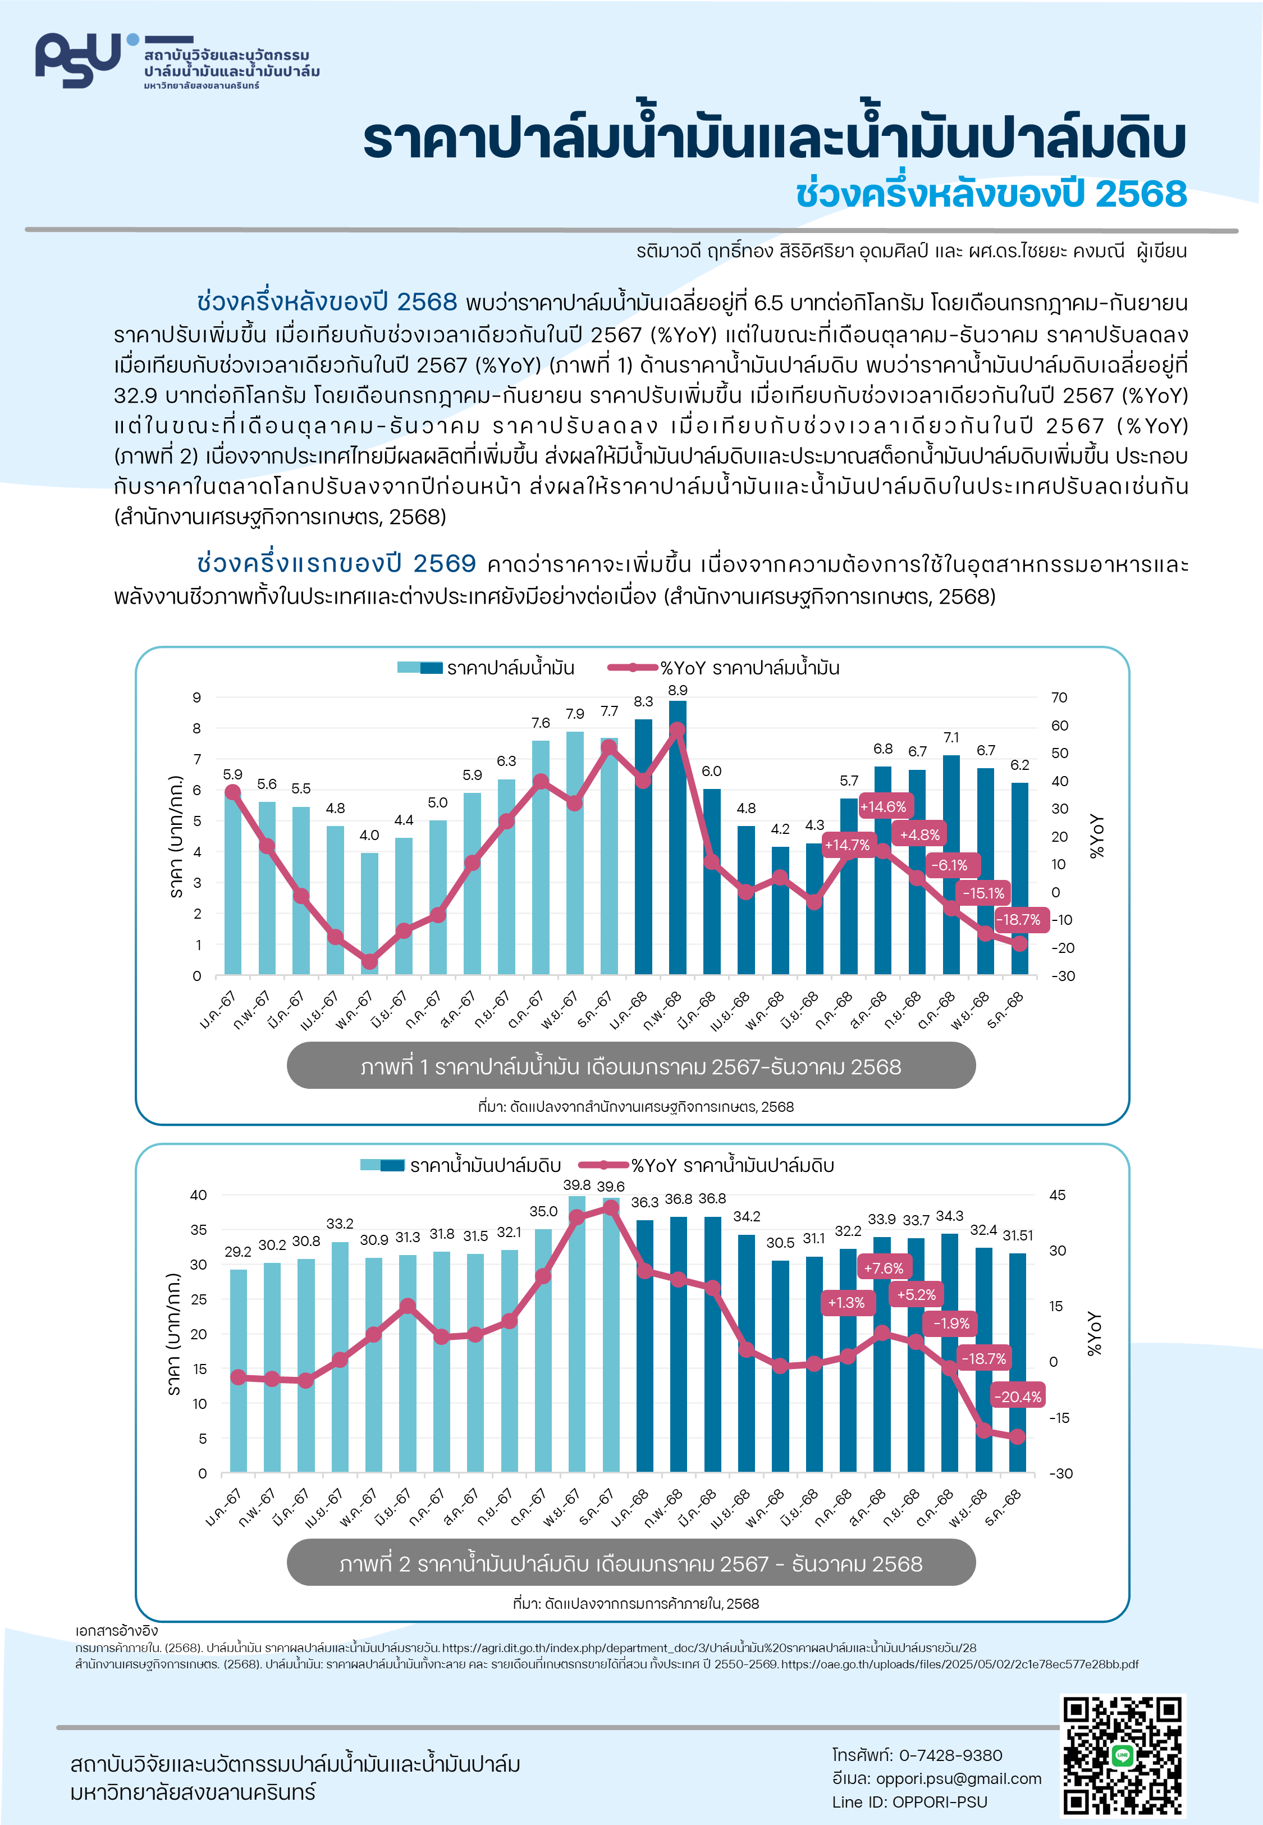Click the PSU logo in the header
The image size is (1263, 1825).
(79, 60)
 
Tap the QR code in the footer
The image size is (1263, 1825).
(1122, 1755)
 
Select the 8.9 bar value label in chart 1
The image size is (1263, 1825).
(678, 690)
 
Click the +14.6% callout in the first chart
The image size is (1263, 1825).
(883, 806)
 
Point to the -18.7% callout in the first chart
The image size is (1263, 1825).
(1018, 920)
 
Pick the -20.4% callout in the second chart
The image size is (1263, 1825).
(1018, 1397)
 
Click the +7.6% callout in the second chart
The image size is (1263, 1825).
(883, 1268)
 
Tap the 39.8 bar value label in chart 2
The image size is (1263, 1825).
(577, 1185)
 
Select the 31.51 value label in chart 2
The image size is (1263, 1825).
(1018, 1235)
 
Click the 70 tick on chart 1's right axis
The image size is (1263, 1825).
(1059, 697)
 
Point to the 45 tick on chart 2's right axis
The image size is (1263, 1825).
(1057, 1195)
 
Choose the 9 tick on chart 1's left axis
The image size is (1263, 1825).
(197, 697)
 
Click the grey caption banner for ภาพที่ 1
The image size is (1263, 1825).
(631, 1066)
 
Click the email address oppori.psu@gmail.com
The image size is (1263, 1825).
(958, 1778)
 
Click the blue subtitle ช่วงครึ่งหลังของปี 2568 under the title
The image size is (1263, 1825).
(991, 194)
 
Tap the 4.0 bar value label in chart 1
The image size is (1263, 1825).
(369, 835)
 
